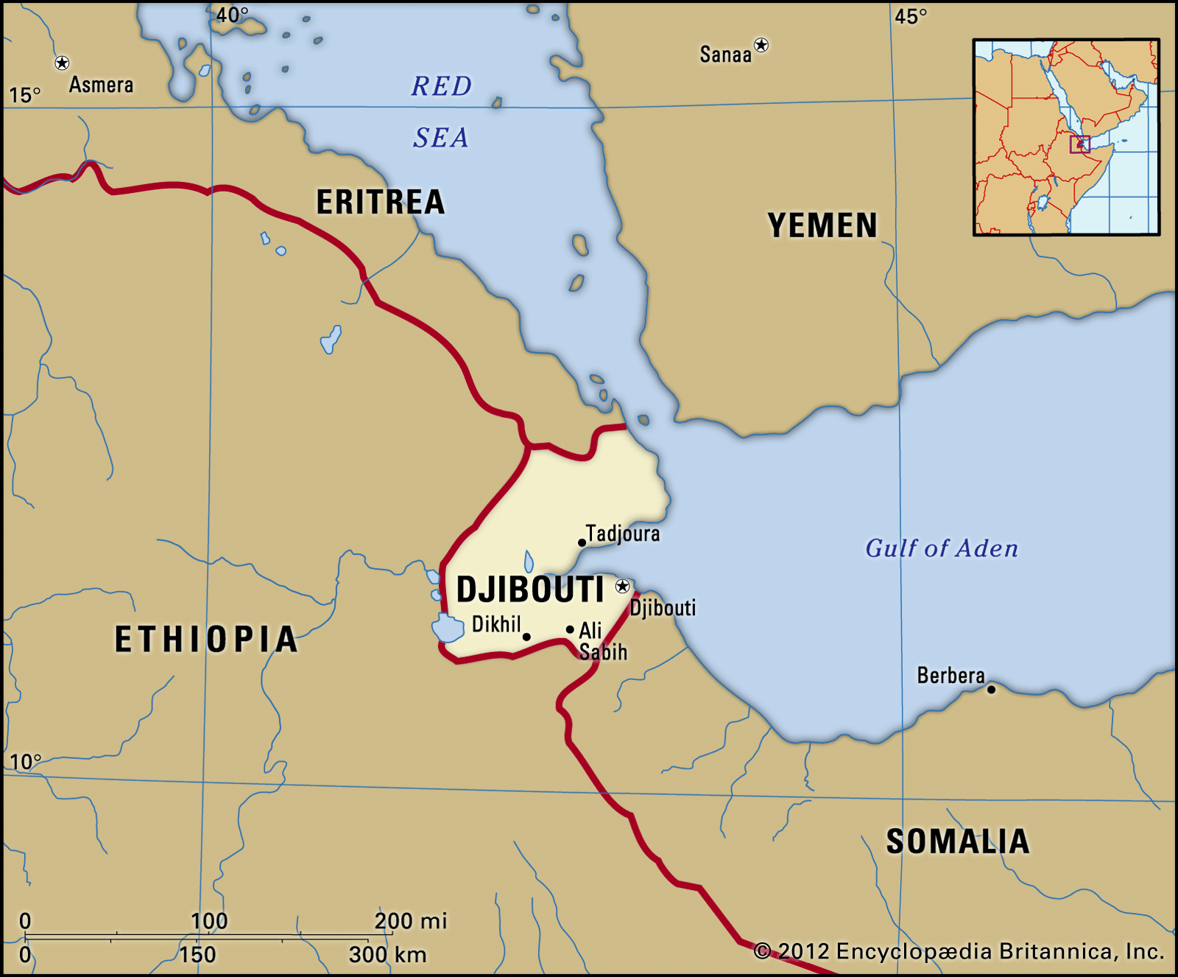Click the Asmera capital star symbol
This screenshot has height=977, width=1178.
coord(63,63)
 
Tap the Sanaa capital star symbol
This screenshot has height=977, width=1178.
coord(761,46)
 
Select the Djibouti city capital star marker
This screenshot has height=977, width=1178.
coord(623,586)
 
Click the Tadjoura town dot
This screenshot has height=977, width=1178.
coord(582,543)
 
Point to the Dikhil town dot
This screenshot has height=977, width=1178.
coord(526,637)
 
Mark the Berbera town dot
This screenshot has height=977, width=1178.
coord(991,690)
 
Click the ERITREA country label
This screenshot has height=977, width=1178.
coord(381,202)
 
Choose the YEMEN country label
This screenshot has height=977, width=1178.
coord(822,225)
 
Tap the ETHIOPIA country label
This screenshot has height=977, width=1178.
coord(206,639)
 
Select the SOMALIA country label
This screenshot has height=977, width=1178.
coord(957,841)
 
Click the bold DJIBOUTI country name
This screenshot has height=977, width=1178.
coord(530,589)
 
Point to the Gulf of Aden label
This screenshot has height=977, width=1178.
coord(942,548)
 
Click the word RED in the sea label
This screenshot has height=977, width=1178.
coord(441,86)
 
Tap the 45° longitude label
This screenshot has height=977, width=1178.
coord(911,16)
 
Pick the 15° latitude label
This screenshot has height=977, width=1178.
coord(24,95)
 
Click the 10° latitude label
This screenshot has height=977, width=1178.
coord(25,761)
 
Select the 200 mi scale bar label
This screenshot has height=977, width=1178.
coord(410,921)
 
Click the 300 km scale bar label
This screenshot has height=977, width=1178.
coord(387,955)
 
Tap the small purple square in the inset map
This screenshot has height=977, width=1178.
coord(1080,144)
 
